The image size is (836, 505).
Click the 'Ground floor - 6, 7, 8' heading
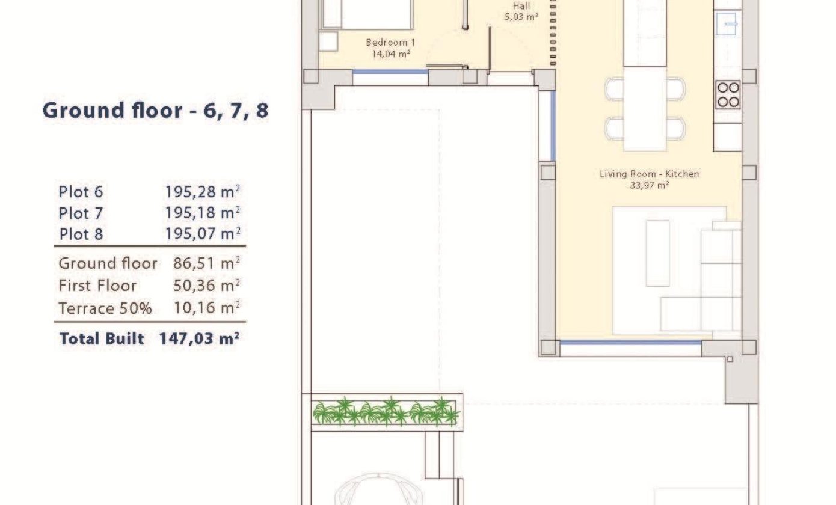coord(155,111)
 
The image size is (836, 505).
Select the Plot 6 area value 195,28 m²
coord(202,192)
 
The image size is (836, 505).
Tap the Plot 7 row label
coord(81,213)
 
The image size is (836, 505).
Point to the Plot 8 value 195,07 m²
coord(203,234)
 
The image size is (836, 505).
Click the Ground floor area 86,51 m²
coord(206,263)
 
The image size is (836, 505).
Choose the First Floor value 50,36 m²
coord(206,286)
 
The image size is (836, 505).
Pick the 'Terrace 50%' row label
coord(105,308)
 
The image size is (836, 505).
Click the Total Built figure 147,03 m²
coord(199,338)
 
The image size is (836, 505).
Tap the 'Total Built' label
coord(102,338)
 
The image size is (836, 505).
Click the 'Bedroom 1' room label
coord(390,43)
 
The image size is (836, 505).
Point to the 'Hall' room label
coord(521,6)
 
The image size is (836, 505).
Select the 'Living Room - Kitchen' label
coord(649,174)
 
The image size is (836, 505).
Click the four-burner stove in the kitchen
coord(728,95)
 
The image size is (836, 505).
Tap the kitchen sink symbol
coord(727,24)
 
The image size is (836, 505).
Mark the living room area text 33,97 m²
coord(649,185)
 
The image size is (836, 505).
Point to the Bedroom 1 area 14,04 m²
coord(391,54)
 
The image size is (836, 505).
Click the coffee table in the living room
coord(657,253)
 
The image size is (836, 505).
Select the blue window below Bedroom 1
coord(390,72)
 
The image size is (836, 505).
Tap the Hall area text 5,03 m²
coord(521,17)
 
